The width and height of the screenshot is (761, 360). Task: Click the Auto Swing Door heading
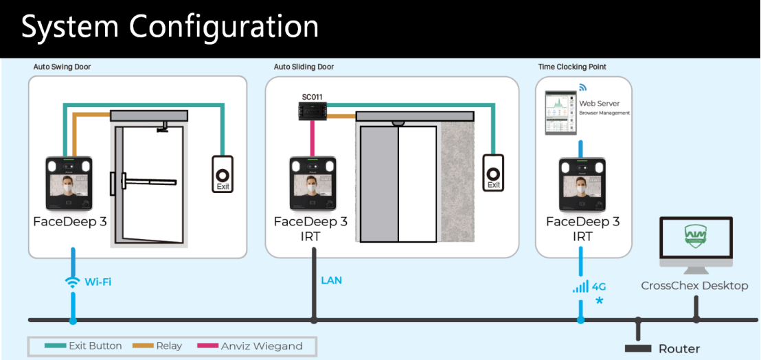(x=62, y=67)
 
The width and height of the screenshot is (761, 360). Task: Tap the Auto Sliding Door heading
(x=304, y=67)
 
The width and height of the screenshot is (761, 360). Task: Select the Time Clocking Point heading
(x=572, y=67)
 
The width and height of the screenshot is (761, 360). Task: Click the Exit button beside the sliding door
(x=493, y=172)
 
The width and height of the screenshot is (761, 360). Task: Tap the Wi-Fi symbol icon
(x=72, y=282)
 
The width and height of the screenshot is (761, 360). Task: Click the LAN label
(x=331, y=280)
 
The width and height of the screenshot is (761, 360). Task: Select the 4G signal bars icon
(x=580, y=286)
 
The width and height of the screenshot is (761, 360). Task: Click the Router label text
(x=679, y=349)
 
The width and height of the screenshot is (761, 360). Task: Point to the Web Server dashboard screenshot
(x=558, y=113)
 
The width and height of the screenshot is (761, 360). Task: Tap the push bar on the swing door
(x=148, y=183)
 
